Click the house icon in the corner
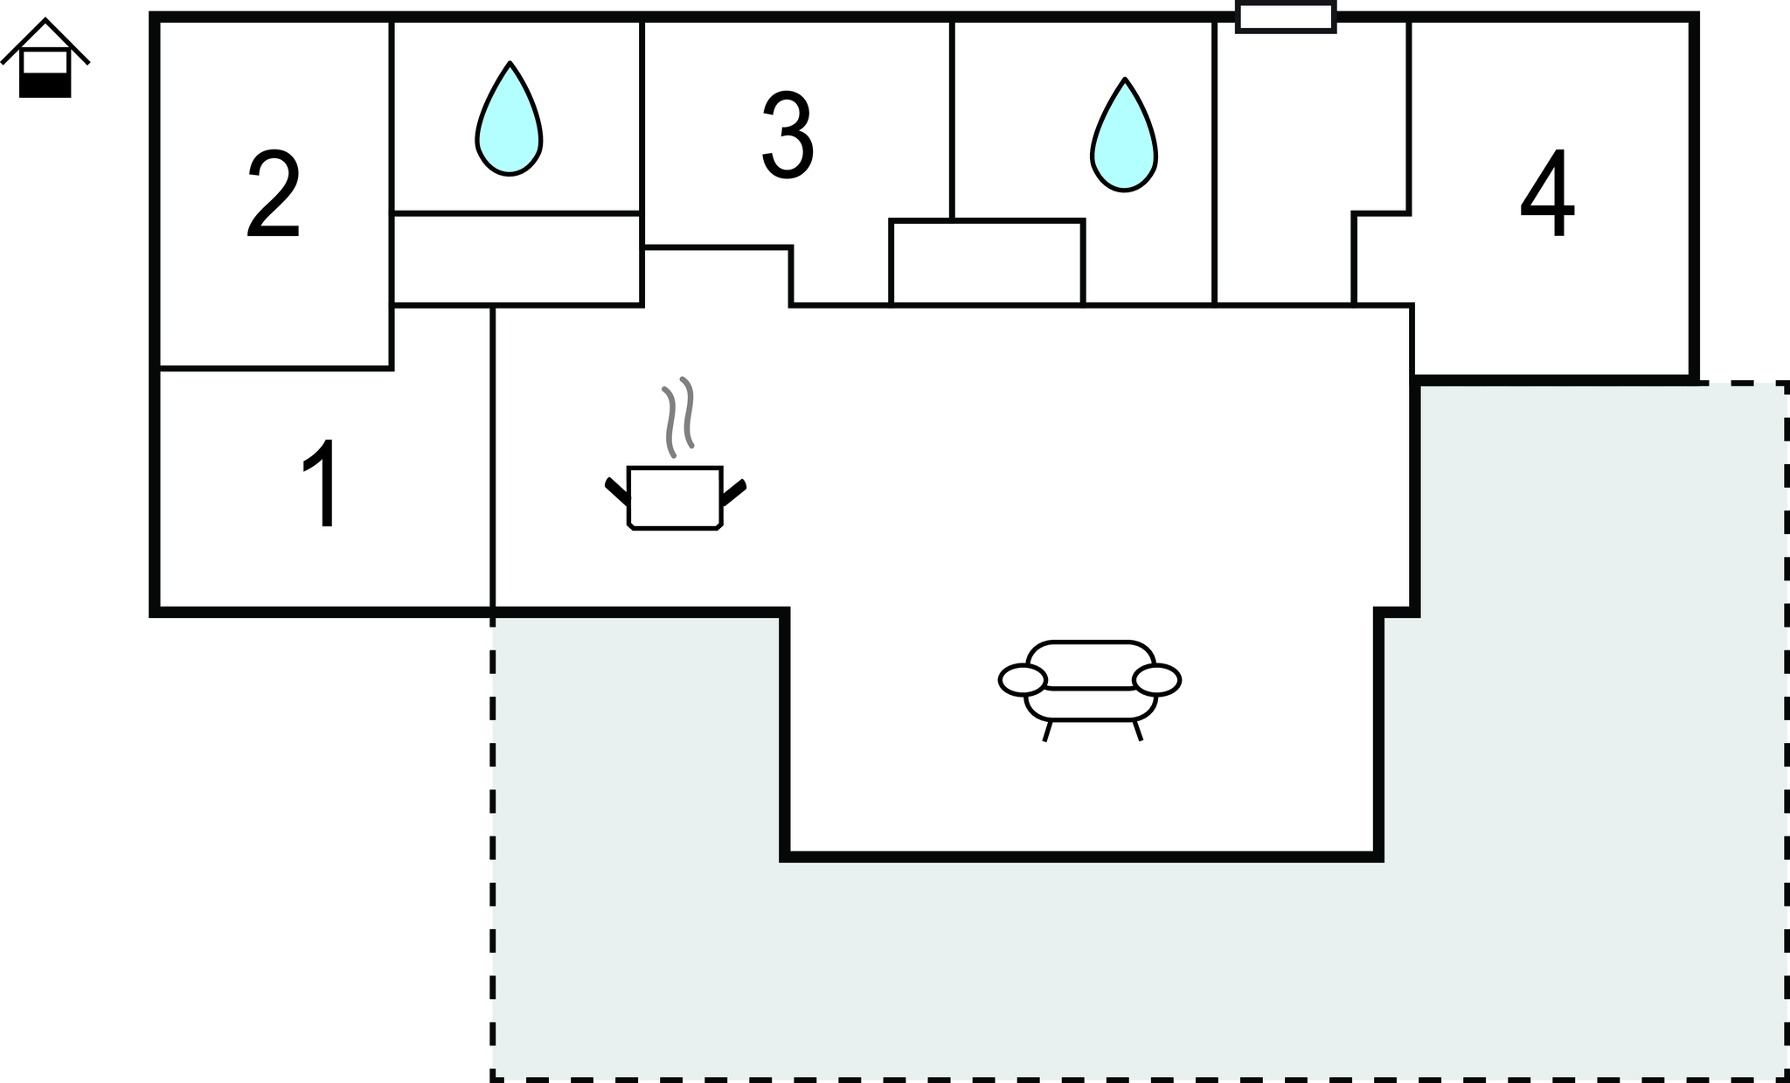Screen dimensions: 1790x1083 tap(45, 58)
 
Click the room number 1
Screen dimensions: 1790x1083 tap(322, 483)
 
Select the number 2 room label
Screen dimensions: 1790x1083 tap(274, 193)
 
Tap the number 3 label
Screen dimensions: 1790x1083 tap(788, 135)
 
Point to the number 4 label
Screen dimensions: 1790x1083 tap(1548, 192)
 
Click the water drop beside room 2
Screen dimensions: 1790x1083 tap(510, 119)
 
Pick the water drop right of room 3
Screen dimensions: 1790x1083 tap(1125, 135)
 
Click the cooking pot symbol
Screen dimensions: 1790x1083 tap(676, 497)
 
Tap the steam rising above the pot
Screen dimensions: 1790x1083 tap(678, 417)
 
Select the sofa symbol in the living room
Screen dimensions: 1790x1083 tap(1090, 691)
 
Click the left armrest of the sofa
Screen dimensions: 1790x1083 tap(1023, 680)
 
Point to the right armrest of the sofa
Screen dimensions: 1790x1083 tap(1157, 680)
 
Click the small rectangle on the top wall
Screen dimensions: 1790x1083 tap(1286, 17)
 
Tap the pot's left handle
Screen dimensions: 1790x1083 tap(617, 490)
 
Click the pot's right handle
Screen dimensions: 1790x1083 tap(734, 492)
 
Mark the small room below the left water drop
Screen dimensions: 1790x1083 tap(517, 259)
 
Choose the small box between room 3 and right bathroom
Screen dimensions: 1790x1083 tap(987, 262)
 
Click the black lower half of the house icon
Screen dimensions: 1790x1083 tap(45, 86)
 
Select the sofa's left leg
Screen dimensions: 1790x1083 tap(1047, 731)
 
